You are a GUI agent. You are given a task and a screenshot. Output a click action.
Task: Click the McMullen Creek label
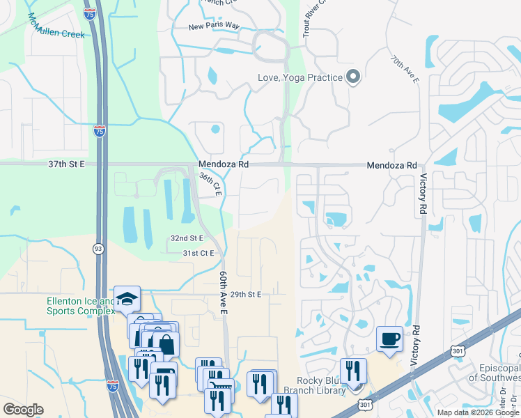(56, 29)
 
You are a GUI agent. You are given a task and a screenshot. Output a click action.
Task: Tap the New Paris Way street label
(214, 27)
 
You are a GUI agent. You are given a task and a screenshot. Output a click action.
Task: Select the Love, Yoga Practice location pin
(353, 77)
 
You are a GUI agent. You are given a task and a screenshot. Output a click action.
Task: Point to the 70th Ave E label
(405, 70)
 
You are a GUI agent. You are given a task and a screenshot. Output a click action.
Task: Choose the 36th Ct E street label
(210, 185)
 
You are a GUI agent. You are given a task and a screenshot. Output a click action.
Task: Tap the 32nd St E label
(187, 238)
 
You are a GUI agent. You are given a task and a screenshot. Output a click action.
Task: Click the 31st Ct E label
(199, 253)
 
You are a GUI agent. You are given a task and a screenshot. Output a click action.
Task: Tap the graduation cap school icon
(127, 298)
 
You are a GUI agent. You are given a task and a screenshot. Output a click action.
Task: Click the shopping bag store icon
(166, 344)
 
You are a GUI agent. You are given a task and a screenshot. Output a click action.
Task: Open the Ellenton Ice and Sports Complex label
(80, 306)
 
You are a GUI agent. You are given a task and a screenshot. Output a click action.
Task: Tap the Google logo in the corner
(23, 410)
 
